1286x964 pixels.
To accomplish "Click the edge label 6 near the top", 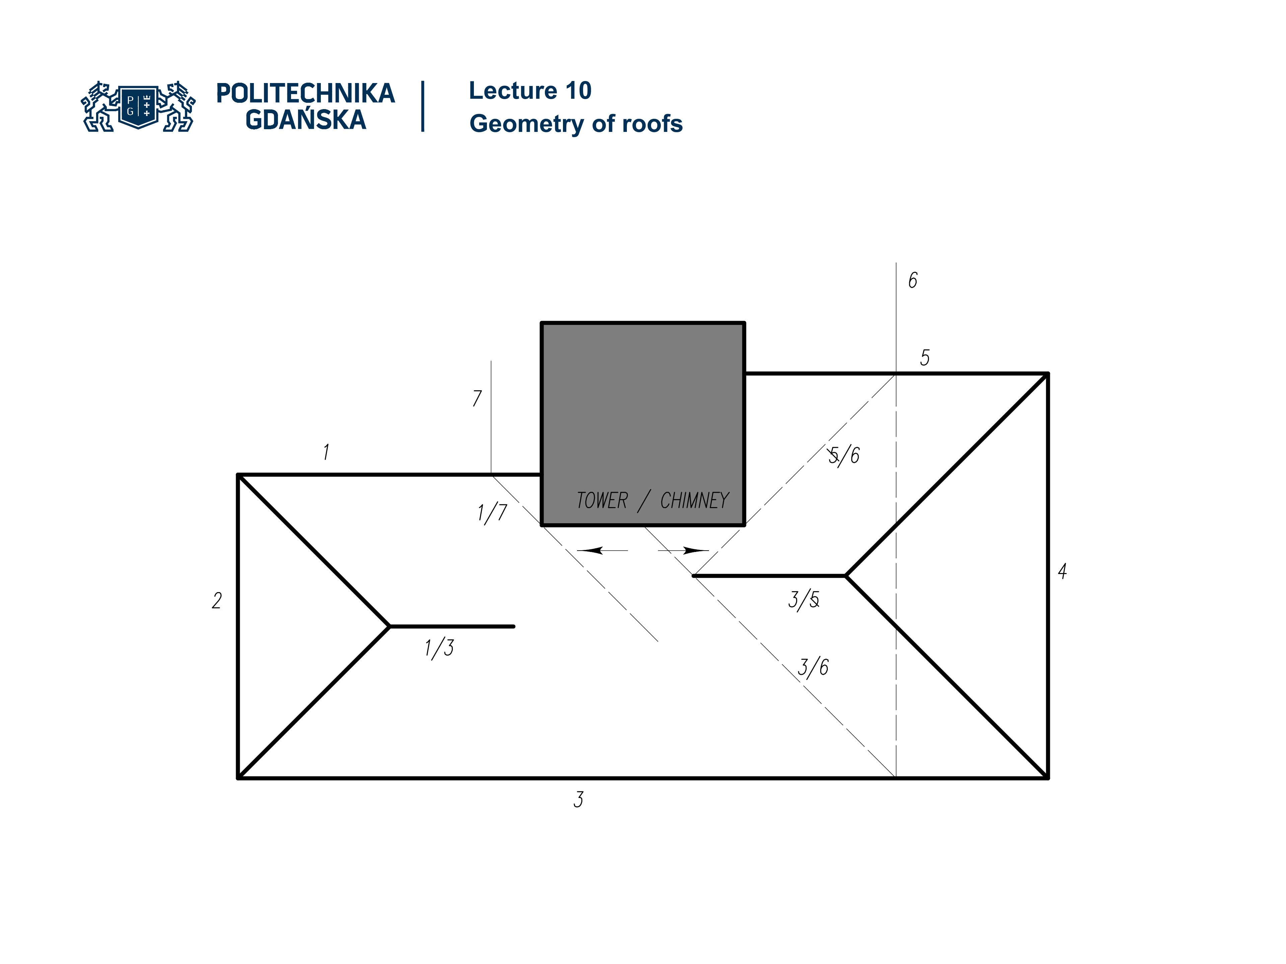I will (913, 280).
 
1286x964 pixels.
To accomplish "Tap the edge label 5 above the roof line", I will (924, 357).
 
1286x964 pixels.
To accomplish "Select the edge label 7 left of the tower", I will (477, 398).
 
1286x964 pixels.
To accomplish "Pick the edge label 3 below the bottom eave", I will (578, 800).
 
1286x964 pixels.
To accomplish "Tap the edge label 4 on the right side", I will (1062, 571).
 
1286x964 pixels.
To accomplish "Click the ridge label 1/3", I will (439, 647).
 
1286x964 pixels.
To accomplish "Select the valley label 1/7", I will (492, 512).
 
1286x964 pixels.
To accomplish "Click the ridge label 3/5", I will (804, 600).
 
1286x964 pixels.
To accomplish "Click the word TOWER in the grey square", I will (602, 500).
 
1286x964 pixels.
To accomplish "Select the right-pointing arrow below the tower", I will (695, 550).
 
